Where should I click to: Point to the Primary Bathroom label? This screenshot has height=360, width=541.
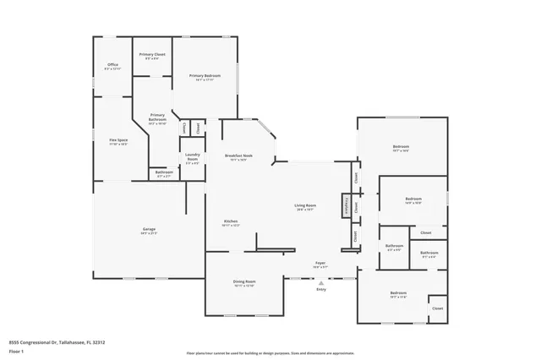pyautogui.click(x=157, y=118)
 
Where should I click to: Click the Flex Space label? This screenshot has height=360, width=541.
pyautogui.click(x=118, y=141)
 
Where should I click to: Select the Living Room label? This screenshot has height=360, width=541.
pyautogui.click(x=304, y=208)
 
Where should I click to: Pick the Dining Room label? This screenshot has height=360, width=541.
pyautogui.click(x=244, y=283)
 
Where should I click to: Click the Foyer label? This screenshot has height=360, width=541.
pyautogui.click(x=320, y=265)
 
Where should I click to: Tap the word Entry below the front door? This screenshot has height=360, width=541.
pyautogui.click(x=320, y=290)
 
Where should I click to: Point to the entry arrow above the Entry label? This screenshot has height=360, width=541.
pyautogui.click(x=320, y=282)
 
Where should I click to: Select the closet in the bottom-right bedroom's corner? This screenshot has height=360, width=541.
pyautogui.click(x=437, y=308)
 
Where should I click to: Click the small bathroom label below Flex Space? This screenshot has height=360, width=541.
pyautogui.click(x=163, y=174)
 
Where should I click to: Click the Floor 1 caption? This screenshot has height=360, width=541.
pyautogui.click(x=17, y=352)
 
